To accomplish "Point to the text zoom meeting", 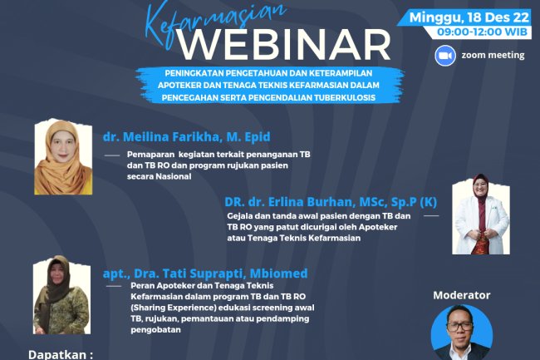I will click(493, 56).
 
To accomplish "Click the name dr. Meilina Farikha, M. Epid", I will click(187, 137).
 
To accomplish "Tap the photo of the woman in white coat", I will click(480, 214).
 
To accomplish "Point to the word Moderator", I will click(462, 295).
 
